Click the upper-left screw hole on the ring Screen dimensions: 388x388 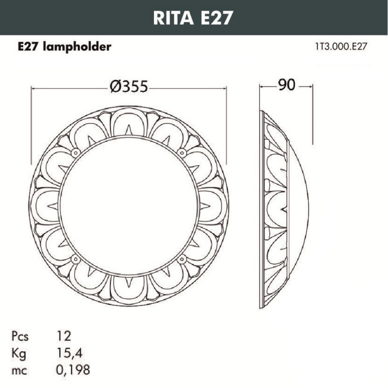click(76, 153)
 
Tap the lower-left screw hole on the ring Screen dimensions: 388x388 click(76, 259)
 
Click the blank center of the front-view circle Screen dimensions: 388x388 click(128, 206)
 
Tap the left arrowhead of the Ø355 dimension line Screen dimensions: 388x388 click(33, 87)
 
